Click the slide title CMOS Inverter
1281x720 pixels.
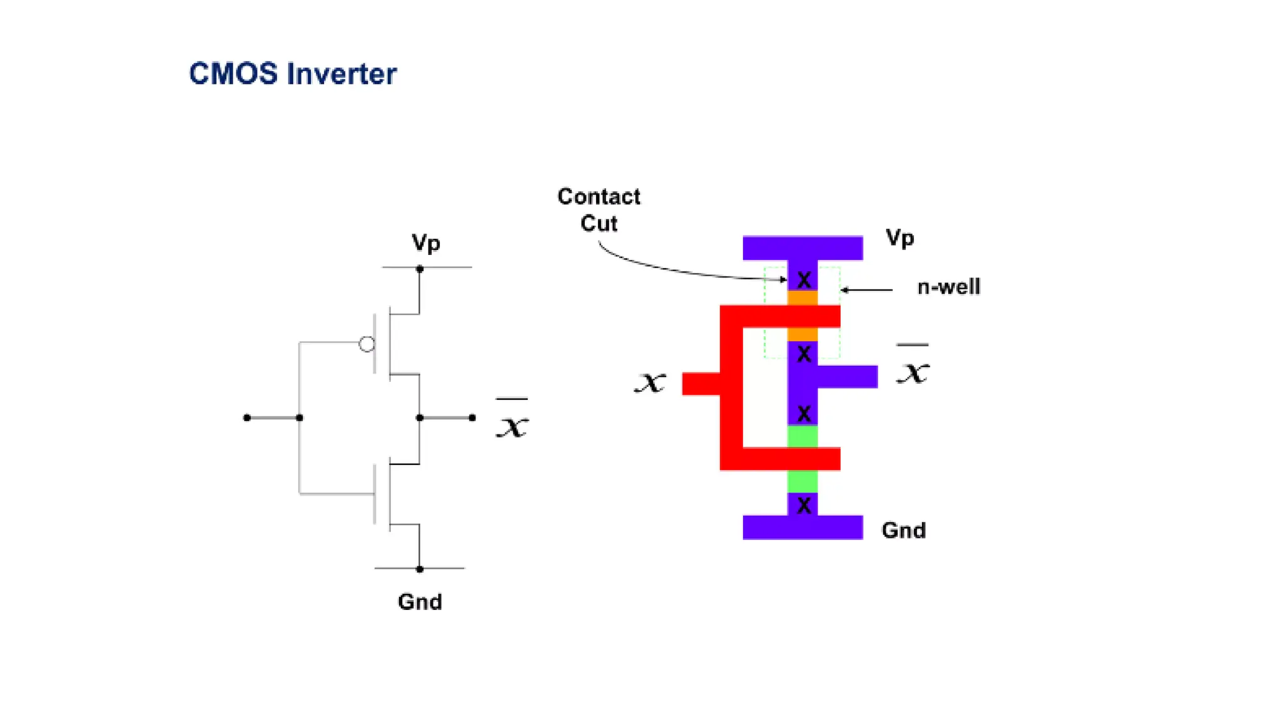point(292,74)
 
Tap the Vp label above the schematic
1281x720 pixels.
point(425,242)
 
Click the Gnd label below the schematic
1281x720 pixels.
point(420,601)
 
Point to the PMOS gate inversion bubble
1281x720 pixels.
point(367,344)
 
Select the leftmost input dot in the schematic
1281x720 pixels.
point(247,417)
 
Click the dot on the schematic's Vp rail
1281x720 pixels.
point(420,269)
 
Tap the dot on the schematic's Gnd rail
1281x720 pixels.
point(420,569)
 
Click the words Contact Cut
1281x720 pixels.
point(599,210)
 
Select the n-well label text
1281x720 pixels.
point(948,287)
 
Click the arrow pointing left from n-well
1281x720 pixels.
point(866,290)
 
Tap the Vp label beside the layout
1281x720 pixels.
point(899,238)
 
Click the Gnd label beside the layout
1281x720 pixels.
point(903,530)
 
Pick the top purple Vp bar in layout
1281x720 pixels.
point(803,247)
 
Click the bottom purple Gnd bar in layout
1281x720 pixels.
point(803,527)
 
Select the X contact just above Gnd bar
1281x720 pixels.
point(804,505)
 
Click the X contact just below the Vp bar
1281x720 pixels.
point(804,279)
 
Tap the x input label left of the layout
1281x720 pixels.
point(651,382)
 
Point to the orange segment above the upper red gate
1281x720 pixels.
point(803,297)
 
